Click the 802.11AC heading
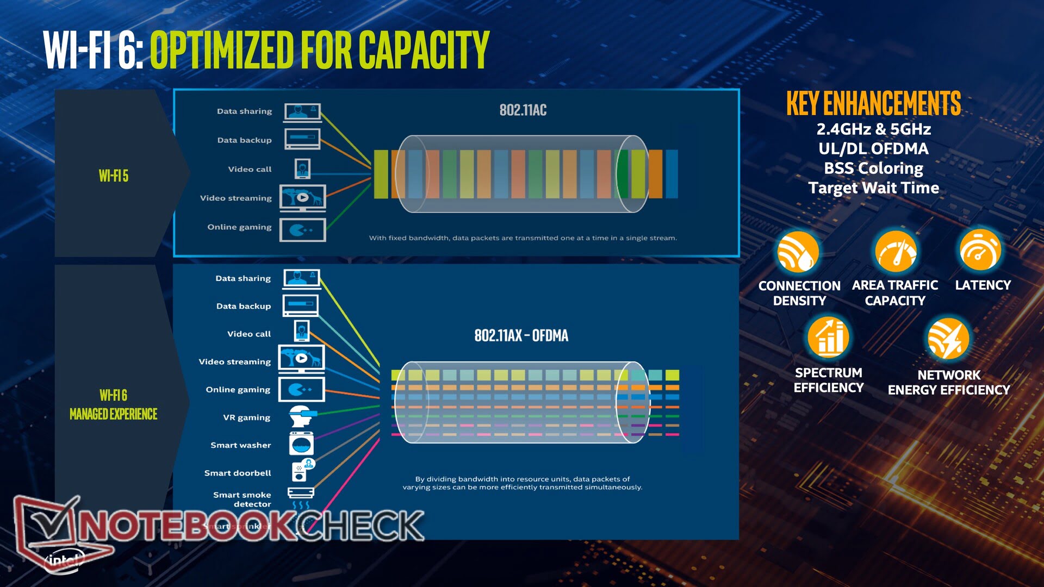523,110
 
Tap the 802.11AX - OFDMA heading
521,335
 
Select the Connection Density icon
798,252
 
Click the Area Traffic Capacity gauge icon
895,252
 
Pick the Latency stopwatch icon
980,251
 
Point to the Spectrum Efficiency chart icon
829,337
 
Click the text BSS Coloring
873,168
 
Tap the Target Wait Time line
873,188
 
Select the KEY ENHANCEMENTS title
873,103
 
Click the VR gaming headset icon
301,417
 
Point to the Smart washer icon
301,444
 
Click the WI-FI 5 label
114,176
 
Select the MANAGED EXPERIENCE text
114,414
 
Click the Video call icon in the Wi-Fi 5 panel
302,168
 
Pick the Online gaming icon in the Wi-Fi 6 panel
301,390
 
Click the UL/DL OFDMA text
873,148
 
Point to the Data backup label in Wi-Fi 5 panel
244,140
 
